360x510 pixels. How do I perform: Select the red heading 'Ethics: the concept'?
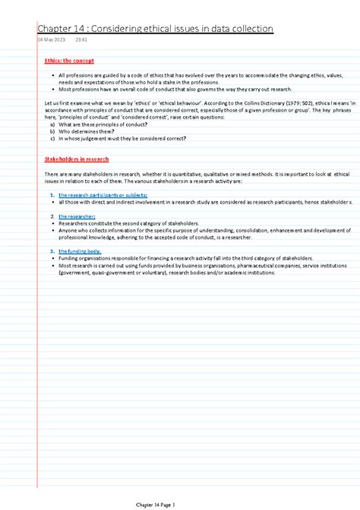(68, 60)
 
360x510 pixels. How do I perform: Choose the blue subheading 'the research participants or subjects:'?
(95, 195)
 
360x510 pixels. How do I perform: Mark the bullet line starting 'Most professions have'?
(153, 89)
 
